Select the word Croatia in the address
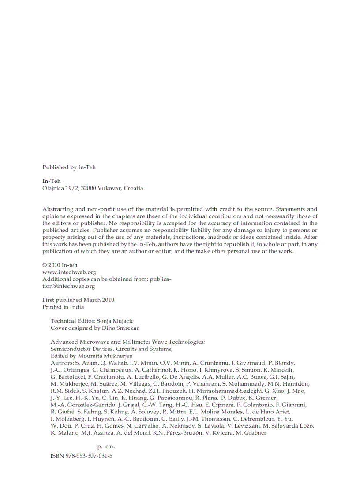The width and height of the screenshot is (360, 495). point(133,188)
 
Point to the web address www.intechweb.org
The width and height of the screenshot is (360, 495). point(69,272)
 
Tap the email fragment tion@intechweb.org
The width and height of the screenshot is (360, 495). point(68,286)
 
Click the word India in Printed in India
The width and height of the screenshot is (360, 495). point(76,307)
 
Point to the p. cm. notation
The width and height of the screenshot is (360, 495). point(106,447)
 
